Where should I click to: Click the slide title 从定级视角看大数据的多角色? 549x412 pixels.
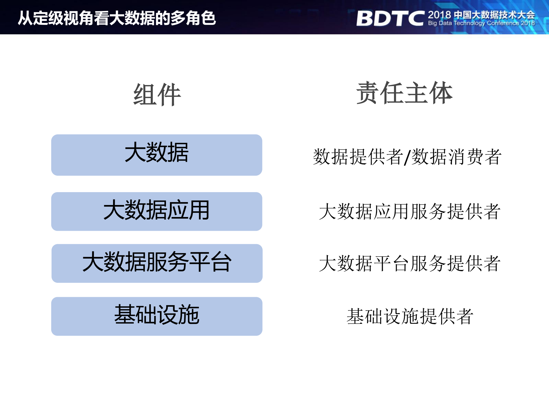tap(117, 18)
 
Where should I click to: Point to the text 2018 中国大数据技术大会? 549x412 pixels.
tap(481, 15)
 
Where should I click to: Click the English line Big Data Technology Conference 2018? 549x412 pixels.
tap(481, 23)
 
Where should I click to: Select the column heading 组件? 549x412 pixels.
tap(157, 94)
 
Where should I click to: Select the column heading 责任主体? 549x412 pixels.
tap(404, 93)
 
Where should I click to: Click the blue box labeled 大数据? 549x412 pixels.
tap(157, 155)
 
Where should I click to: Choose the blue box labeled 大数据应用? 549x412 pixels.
tap(157, 211)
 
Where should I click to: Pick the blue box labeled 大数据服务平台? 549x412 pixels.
tap(157, 263)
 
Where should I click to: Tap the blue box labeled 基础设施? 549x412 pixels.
tap(157, 316)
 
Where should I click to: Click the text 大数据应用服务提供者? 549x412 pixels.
tap(410, 212)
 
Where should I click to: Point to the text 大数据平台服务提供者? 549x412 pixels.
tap(410, 263)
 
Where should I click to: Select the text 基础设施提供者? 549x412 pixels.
tap(410, 316)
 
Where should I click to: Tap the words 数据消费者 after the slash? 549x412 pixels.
tap(456, 157)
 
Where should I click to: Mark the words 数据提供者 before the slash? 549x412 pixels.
tap(358, 157)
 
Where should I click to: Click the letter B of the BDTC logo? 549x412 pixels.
tap(367, 19)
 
